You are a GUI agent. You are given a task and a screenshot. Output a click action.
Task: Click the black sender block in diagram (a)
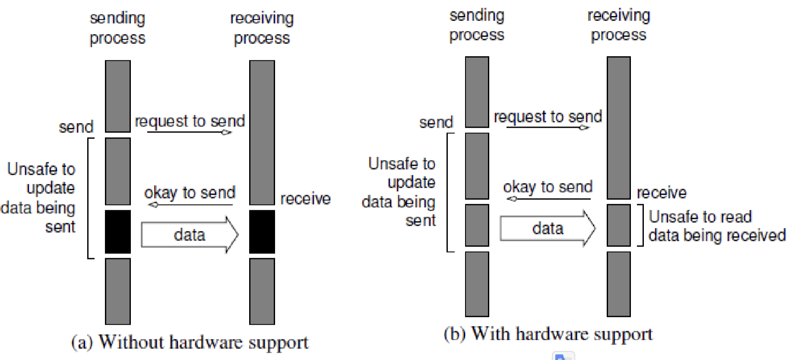(117, 232)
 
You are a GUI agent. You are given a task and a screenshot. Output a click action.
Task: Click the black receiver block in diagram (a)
(262, 232)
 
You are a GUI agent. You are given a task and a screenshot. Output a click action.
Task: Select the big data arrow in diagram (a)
(190, 235)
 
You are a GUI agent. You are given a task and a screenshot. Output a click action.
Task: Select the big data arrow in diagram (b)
(548, 228)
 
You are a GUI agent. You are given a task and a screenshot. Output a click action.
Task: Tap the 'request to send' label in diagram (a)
(190, 121)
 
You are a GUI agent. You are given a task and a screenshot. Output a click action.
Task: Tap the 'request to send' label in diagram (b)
(548, 117)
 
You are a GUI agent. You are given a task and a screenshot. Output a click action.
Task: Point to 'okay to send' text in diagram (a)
(190, 193)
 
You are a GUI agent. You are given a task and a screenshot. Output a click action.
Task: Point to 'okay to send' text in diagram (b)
(548, 187)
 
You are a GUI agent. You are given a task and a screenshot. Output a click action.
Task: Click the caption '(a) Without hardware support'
(190, 342)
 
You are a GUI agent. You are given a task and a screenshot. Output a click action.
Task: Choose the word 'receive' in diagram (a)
(305, 199)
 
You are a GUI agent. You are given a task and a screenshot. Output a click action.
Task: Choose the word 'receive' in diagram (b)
(661, 193)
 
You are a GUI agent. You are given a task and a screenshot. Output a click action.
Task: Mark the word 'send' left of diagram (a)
(76, 127)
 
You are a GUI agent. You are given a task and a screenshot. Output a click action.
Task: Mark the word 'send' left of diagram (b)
(436, 123)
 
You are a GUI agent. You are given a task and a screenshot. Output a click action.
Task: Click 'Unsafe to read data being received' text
(717, 226)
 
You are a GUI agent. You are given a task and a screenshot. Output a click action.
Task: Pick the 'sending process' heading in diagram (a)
(117, 28)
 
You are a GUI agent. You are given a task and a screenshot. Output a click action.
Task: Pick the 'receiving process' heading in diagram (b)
(618, 25)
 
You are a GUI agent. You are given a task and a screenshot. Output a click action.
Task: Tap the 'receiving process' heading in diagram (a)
(262, 28)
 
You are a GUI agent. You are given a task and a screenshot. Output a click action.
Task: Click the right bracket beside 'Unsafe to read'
(641, 225)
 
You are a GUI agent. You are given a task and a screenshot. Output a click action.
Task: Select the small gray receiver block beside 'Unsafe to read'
(618, 225)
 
